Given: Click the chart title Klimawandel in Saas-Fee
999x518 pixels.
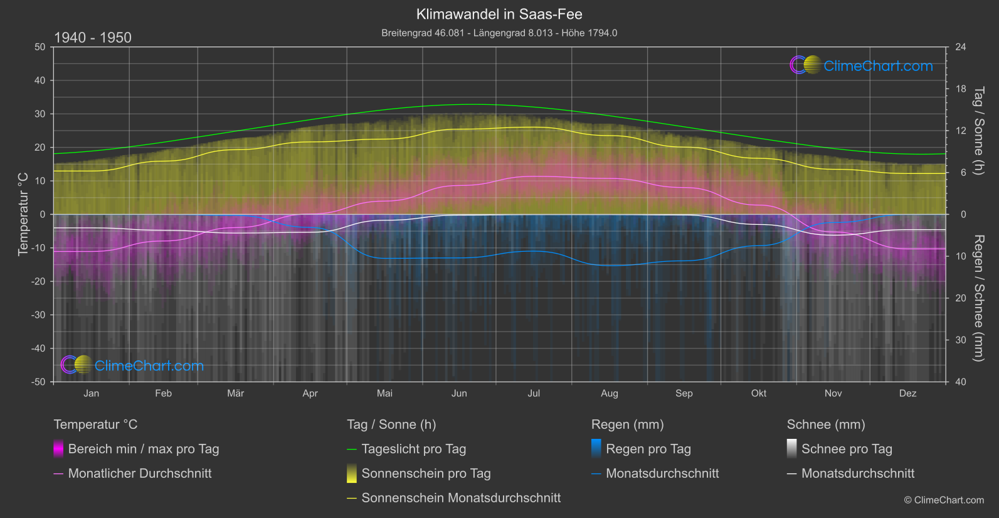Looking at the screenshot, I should pyautogui.click(x=499, y=14).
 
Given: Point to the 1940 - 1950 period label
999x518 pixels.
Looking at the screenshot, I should pyautogui.click(x=93, y=38).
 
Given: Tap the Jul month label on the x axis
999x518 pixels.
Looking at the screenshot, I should pyautogui.click(x=534, y=394).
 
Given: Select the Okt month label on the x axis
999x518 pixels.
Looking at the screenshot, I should pyautogui.click(x=759, y=394).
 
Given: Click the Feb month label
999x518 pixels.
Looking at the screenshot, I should pyautogui.click(x=163, y=394).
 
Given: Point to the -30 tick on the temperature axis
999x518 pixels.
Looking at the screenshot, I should pyautogui.click(x=39, y=315).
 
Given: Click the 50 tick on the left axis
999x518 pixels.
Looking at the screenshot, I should pyautogui.click(x=40, y=47).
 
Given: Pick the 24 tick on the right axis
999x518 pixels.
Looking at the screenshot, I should pyautogui.click(x=960, y=47).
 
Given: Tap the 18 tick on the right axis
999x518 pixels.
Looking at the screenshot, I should pyautogui.click(x=960, y=89).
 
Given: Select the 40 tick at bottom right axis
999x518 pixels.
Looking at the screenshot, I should pyautogui.click(x=960, y=382).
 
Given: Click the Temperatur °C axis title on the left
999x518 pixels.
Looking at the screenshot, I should pyautogui.click(x=23, y=214).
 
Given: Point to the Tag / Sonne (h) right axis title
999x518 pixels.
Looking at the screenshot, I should pyautogui.click(x=978, y=131).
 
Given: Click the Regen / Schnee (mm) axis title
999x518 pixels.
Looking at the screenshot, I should pyautogui.click(x=978, y=298).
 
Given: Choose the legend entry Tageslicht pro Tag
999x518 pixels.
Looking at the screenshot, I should pyautogui.click(x=413, y=449).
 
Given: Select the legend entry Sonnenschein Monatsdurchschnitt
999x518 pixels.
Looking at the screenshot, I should pyautogui.click(x=460, y=498).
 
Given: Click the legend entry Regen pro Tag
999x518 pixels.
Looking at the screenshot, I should pyautogui.click(x=648, y=449).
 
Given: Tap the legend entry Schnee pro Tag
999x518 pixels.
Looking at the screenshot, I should pyautogui.click(x=846, y=449).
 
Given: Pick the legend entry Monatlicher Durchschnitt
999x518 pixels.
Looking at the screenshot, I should pyautogui.click(x=139, y=473).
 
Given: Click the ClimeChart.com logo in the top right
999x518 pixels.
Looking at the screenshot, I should pyautogui.click(x=862, y=65).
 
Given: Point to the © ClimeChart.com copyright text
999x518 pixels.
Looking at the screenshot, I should pyautogui.click(x=944, y=500).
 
